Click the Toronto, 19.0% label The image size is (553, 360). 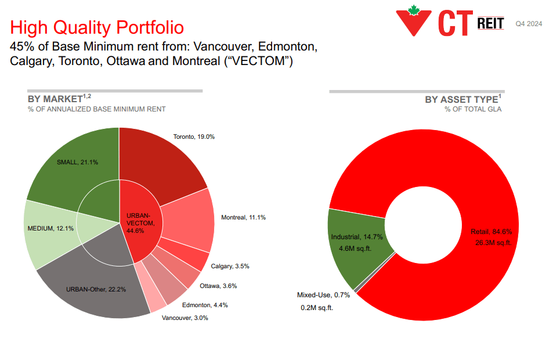tap(194, 137)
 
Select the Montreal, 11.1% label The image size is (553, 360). tap(243, 217)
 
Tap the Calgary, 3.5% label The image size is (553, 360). tap(230, 266)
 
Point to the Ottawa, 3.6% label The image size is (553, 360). tap(218, 286)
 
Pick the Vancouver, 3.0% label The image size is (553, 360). tap(185, 318)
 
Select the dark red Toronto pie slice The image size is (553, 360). tap(162, 163)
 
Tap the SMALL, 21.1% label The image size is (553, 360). tap(77, 162)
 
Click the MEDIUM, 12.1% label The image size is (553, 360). tap(50, 228)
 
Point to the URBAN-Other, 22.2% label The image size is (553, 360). tap(96, 289)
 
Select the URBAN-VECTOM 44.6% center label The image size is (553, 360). tap(140, 223)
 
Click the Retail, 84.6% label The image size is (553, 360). tap(491, 232)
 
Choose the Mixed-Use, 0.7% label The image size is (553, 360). tap(323, 295)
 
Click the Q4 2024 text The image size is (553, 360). tap(529, 24)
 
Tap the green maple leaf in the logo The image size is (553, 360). tap(414, 10)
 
